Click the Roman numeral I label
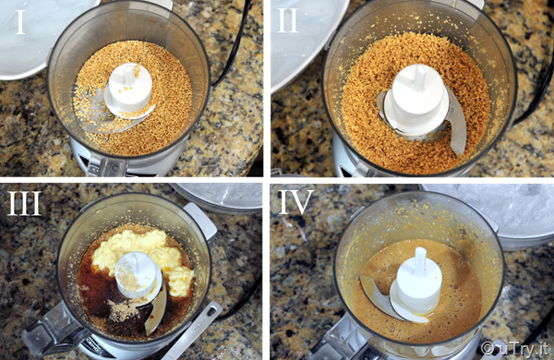pyautogui.click(x=20, y=22)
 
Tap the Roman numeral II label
pyautogui.click(x=288, y=21)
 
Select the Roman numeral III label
pyautogui.click(x=24, y=203)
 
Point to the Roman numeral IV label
pyautogui.click(x=296, y=202)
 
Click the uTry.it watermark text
pyautogui.click(x=515, y=348)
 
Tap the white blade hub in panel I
pyautogui.click(x=129, y=90)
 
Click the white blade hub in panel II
pyautogui.click(x=417, y=101)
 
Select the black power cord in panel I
pyautogui.click(x=235, y=43)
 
